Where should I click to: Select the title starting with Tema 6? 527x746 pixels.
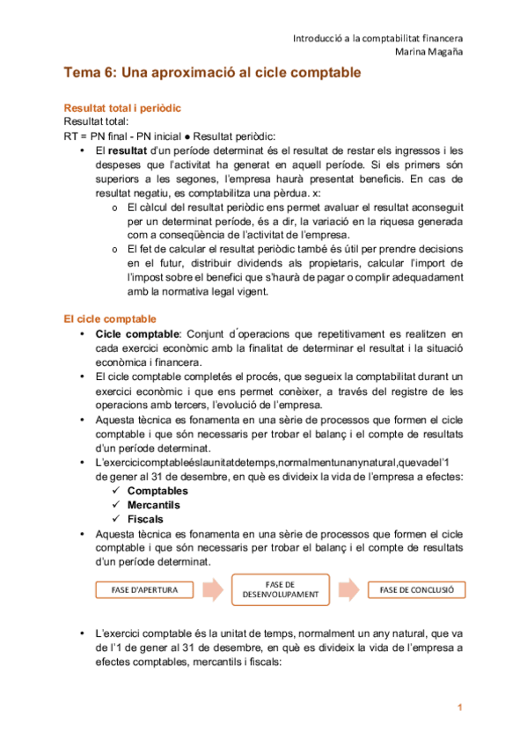[x=212, y=74]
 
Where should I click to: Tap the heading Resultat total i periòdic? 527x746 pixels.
[x=122, y=108]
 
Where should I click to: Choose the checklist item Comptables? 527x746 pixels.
[x=157, y=491]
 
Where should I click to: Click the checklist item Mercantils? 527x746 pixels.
[x=154, y=505]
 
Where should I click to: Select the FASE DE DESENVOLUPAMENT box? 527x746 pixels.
[x=280, y=590]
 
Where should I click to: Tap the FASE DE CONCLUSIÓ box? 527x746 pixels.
[x=416, y=590]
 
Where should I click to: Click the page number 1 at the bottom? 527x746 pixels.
[x=458, y=707]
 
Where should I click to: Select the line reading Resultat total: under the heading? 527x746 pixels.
[x=97, y=122]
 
